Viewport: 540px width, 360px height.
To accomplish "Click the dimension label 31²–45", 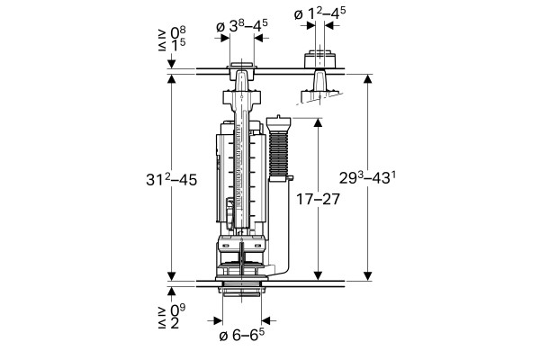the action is (172, 180).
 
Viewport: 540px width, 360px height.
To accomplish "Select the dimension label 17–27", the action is (318, 199).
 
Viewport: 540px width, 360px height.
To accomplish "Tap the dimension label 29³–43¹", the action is (367, 178).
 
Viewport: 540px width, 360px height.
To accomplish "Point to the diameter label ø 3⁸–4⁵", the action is (242, 26).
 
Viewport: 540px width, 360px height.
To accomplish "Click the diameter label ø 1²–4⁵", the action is (319, 13).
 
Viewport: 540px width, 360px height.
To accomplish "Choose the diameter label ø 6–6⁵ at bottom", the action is (242, 335).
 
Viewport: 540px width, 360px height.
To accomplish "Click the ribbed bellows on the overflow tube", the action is (279, 154).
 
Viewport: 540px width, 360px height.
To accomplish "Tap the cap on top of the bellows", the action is (279, 123).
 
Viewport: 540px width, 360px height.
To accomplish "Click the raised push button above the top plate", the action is (319, 59).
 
